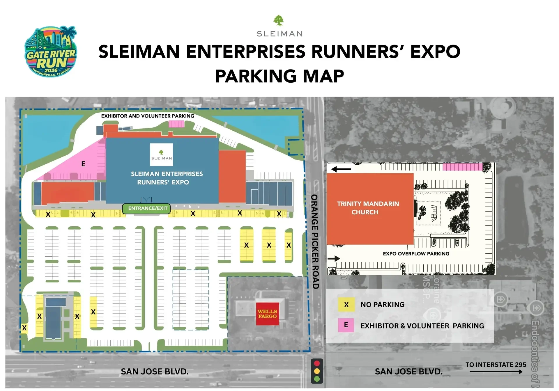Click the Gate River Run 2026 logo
pyautogui.click(x=51, y=51)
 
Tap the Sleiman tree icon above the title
pyautogui.click(x=279, y=21)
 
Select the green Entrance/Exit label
pyautogui.click(x=146, y=208)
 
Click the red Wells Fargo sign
pyautogui.click(x=267, y=314)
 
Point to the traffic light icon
pyautogui.click(x=317, y=371)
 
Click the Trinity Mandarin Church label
pyautogui.click(x=368, y=208)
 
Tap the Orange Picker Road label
pyautogui.click(x=315, y=241)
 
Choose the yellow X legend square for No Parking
pyautogui.click(x=346, y=305)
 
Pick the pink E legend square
pyautogui.click(x=346, y=325)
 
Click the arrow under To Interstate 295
pyautogui.click(x=496, y=372)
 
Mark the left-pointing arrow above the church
pyautogui.click(x=341, y=169)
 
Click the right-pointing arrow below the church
pyautogui.click(x=334, y=258)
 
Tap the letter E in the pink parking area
pyautogui.click(x=83, y=164)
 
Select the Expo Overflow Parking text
pyautogui.click(x=416, y=254)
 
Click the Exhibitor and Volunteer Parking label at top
pyautogui.click(x=148, y=116)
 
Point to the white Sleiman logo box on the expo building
pyautogui.click(x=161, y=154)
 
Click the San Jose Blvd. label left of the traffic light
pyautogui.click(x=155, y=372)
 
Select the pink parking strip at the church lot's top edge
pyautogui.click(x=462, y=167)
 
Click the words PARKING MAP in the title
pyautogui.click(x=279, y=76)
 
